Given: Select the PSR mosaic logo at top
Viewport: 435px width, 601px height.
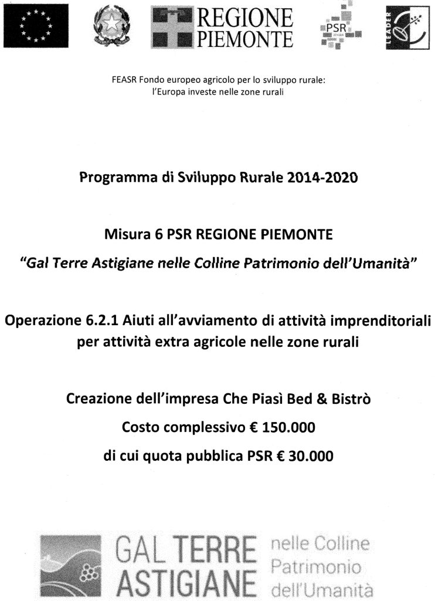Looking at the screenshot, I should pos(340,27).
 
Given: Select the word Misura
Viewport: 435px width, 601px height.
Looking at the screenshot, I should pos(122,235).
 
